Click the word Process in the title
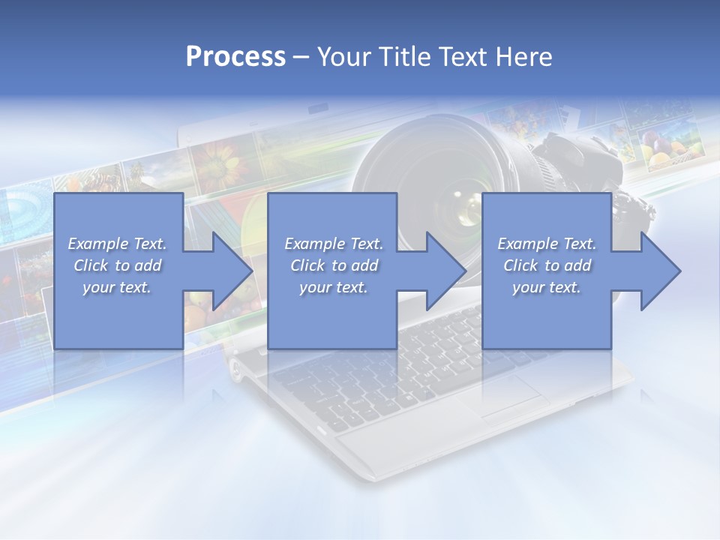(235, 57)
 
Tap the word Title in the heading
(402, 57)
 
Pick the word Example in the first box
(97, 244)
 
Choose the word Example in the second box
(314, 244)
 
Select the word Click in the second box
(307, 265)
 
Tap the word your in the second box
(314, 287)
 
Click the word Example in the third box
(527, 244)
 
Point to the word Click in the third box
(520, 265)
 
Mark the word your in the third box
(527, 287)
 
